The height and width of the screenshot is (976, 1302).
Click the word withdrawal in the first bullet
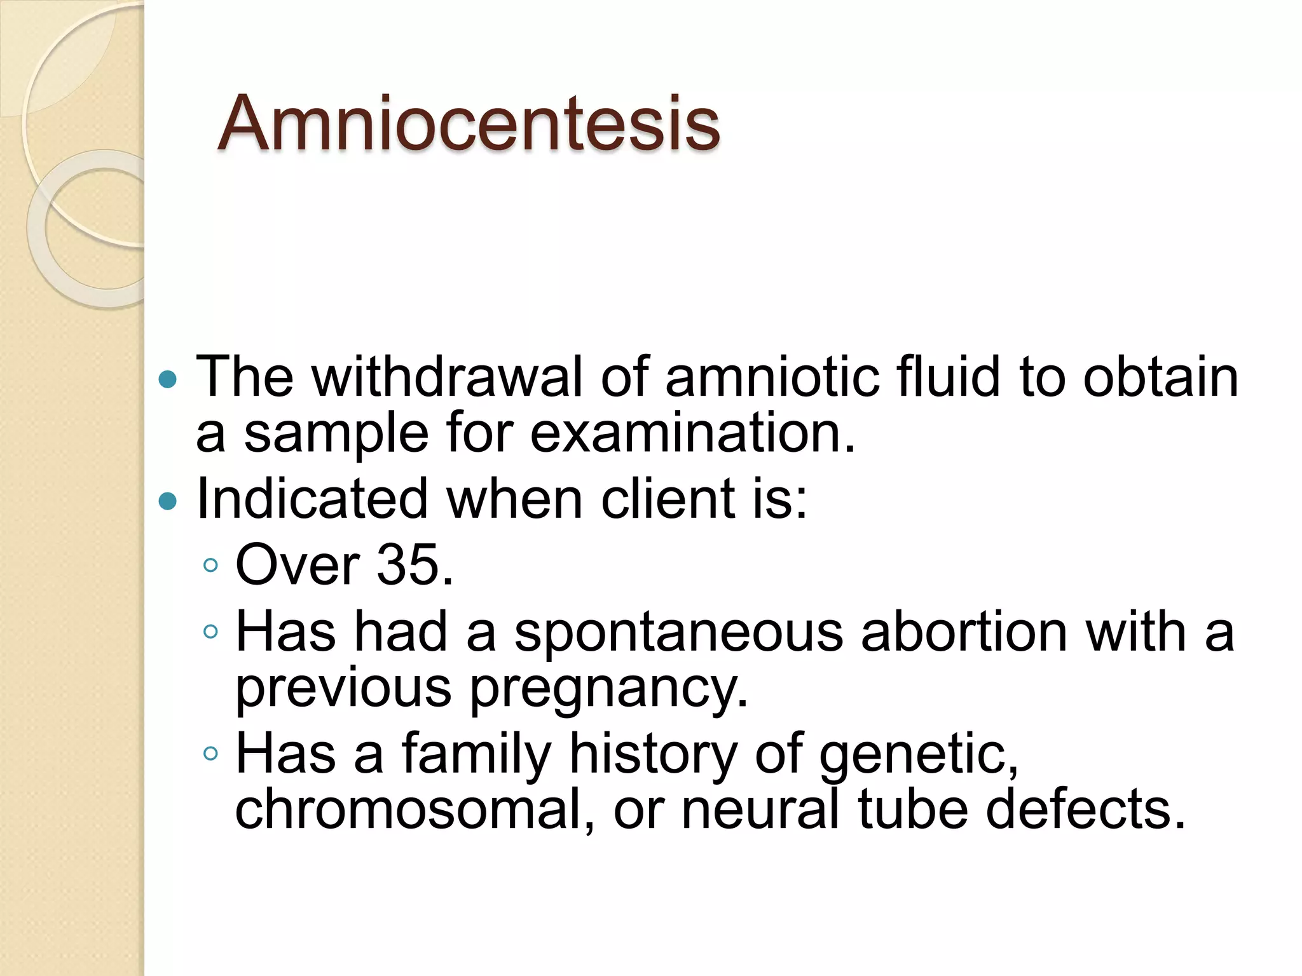(447, 377)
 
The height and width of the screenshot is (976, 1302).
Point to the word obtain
(1160, 377)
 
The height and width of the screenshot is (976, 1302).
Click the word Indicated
(312, 499)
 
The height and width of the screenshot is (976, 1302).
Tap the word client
(668, 499)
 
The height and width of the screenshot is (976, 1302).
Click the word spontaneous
(678, 634)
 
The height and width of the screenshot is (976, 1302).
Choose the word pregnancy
(608, 689)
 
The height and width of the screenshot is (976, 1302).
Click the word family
(476, 756)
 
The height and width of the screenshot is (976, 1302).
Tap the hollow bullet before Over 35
(211, 565)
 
